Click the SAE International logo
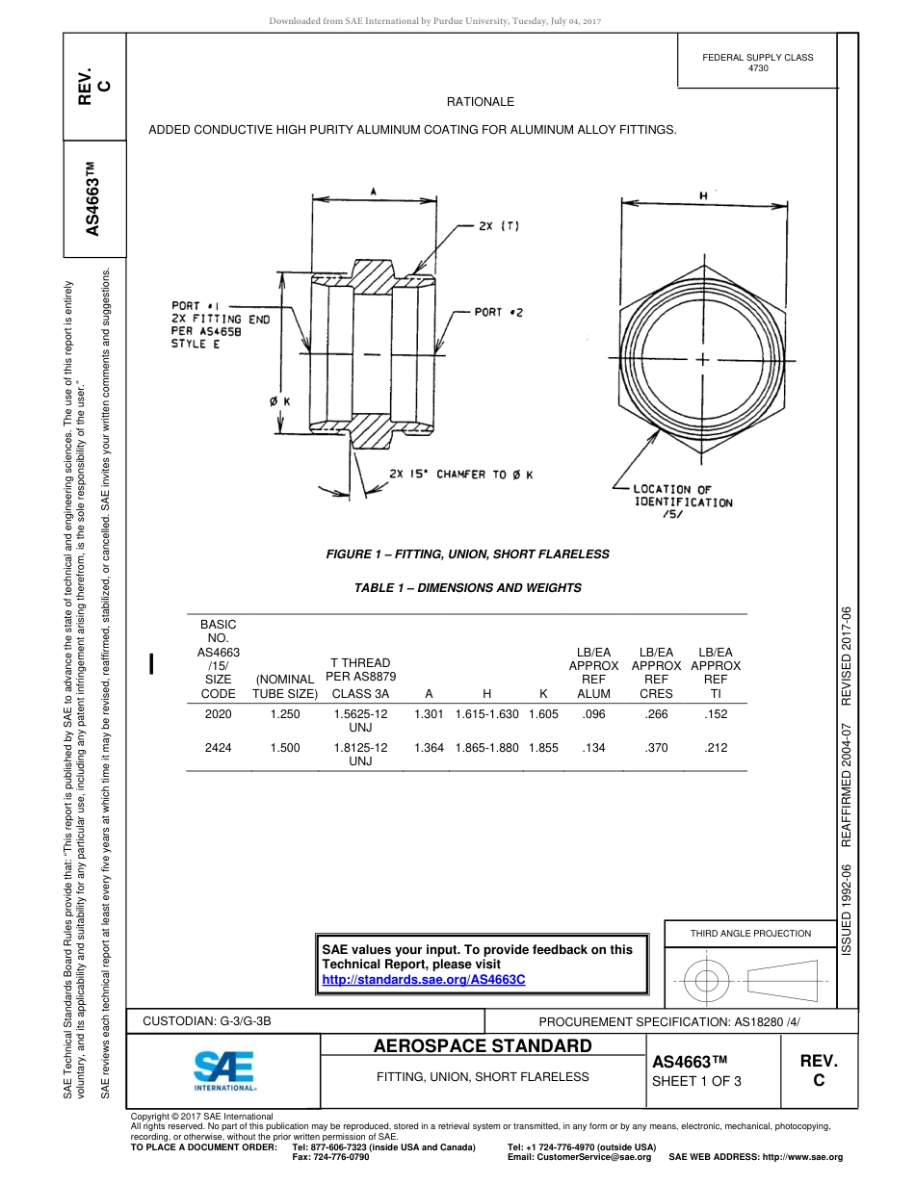click(x=223, y=1068)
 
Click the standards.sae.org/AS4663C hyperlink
click(x=423, y=979)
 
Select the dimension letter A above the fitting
click(x=373, y=191)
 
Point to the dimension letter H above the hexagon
click(x=703, y=194)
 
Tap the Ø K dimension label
click(x=280, y=401)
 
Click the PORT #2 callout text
click(x=498, y=313)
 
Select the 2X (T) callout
click(x=499, y=227)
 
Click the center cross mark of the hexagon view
click(x=702, y=359)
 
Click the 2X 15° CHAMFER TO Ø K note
click(x=460, y=475)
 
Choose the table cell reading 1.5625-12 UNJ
click(x=360, y=720)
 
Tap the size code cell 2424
click(x=218, y=747)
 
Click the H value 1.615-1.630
click(x=486, y=714)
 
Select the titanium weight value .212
click(x=716, y=747)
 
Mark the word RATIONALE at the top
click(x=480, y=102)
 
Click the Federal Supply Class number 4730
click(x=757, y=68)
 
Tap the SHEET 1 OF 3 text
click(x=696, y=1080)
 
